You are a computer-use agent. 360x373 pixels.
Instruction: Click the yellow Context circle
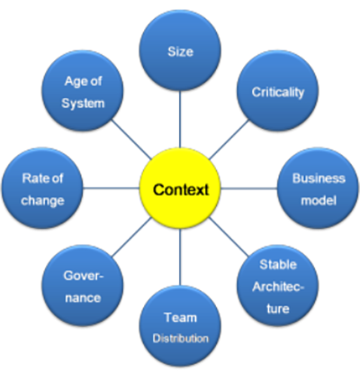[x=180, y=188]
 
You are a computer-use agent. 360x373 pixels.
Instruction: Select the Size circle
[x=180, y=50]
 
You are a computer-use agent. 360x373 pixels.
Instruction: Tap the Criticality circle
[x=277, y=91]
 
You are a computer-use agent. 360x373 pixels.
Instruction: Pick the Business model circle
[x=318, y=188]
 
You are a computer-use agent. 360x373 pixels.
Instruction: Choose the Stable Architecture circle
[x=277, y=286]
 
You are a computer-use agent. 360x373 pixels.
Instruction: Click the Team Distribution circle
[x=180, y=326]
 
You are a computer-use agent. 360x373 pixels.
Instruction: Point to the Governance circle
[x=83, y=286]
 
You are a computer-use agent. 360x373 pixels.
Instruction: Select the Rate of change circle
[x=42, y=188]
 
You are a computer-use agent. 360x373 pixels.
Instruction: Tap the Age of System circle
[x=83, y=91]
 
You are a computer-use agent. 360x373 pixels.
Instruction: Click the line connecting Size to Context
[x=180, y=119]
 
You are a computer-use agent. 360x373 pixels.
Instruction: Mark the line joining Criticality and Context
[x=229, y=140]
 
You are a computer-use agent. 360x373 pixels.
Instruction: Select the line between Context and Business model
[x=249, y=188]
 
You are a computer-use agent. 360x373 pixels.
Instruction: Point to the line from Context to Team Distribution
[x=180, y=257]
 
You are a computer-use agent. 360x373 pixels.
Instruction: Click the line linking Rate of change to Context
[x=112, y=188]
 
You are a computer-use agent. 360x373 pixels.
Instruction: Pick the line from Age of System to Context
[x=131, y=140]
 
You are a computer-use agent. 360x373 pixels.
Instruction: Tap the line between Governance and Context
[x=131, y=237]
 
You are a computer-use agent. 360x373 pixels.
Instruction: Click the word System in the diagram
[x=83, y=104]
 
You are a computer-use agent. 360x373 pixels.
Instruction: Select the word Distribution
[x=180, y=339]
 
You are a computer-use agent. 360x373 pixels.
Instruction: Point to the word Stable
[x=278, y=265]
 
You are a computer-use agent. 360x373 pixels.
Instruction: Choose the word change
[x=42, y=201]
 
